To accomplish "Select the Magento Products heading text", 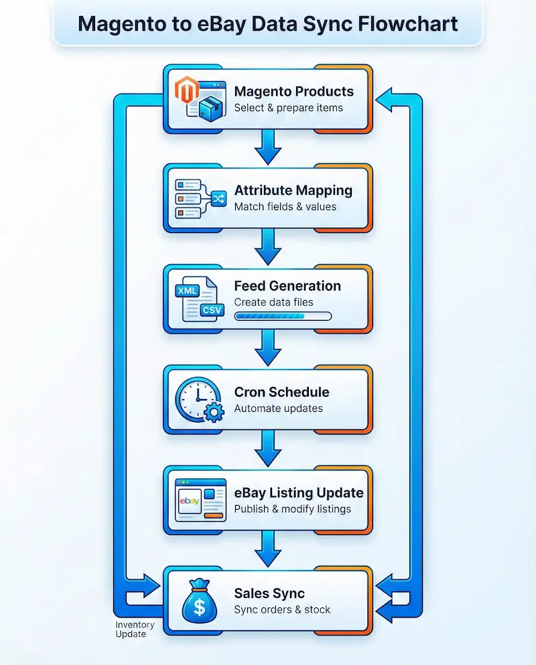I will pyautogui.click(x=293, y=91).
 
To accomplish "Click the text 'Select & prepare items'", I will pyautogui.click(x=288, y=108).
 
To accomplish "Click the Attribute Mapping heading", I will pyautogui.click(x=293, y=190).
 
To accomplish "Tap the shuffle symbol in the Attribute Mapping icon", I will pyautogui.click(x=218, y=198).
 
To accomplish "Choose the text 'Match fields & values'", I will pyautogui.click(x=285, y=207).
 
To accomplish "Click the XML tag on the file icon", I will pyautogui.click(x=187, y=291).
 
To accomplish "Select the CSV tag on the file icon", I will pyautogui.click(x=211, y=310).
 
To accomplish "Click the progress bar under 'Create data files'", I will pyautogui.click(x=282, y=316).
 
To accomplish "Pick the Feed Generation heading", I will pyautogui.click(x=287, y=286).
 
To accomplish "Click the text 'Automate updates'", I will pyautogui.click(x=278, y=409).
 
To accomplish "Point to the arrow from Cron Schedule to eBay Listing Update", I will pyautogui.click(x=268, y=447).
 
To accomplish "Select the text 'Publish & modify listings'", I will pyautogui.click(x=292, y=509).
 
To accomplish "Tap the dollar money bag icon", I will pyautogui.click(x=199, y=601).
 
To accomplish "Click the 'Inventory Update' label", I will pyautogui.click(x=135, y=629).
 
